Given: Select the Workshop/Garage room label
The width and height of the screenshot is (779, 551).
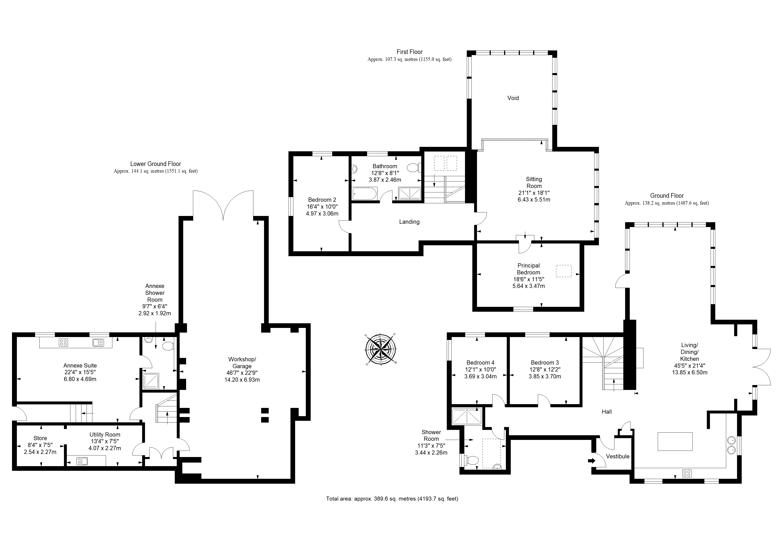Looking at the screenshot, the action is click(242, 363).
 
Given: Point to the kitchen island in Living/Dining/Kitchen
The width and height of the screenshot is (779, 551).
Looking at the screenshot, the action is click(675, 441).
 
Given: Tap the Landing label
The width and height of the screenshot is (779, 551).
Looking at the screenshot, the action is click(409, 222).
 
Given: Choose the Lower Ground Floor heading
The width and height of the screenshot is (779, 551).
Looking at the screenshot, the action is click(155, 164).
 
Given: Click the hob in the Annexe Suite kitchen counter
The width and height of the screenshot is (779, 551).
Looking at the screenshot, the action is click(63, 342).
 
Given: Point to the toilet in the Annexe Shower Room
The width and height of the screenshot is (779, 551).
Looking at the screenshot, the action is click(168, 346).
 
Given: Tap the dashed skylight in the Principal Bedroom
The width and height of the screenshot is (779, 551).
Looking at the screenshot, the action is click(564, 271).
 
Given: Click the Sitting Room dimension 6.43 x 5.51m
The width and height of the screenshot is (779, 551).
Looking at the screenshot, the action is click(534, 200).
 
